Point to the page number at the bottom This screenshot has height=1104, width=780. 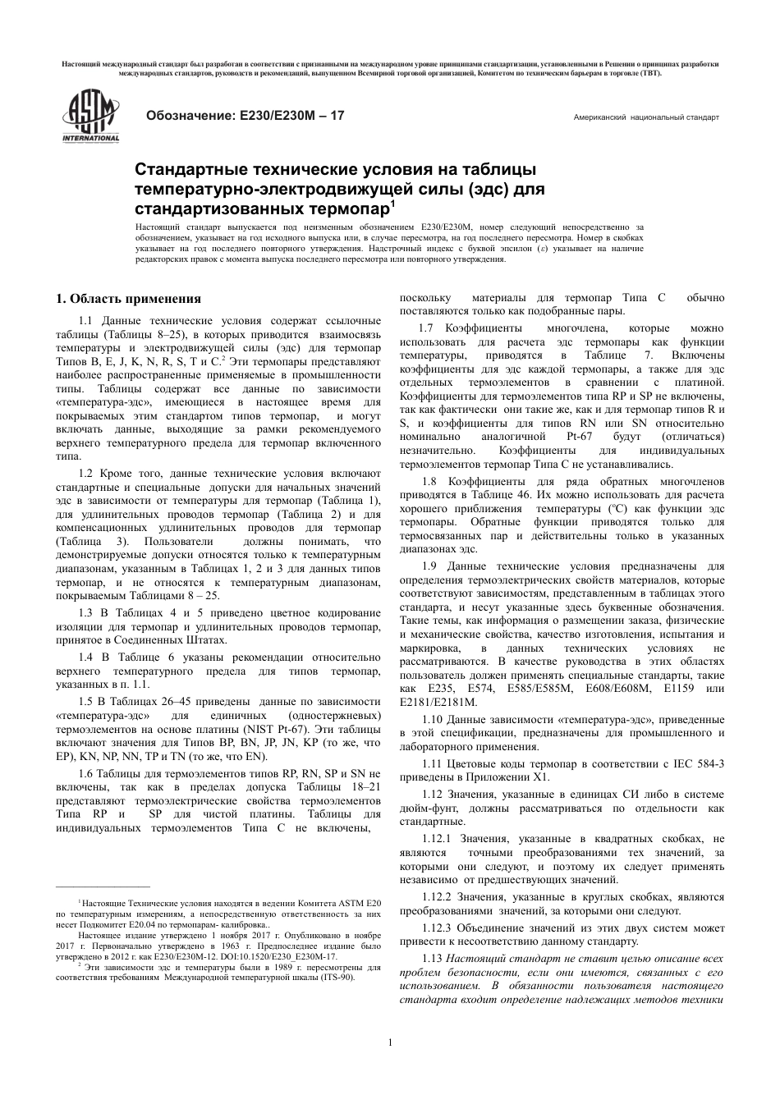pos(390,1042)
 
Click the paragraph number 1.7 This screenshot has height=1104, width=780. pos(429,328)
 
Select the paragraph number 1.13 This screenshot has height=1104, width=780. pos(432,959)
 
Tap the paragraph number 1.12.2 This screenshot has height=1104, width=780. pos(437,897)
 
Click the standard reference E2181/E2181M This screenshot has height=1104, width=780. pos(438,702)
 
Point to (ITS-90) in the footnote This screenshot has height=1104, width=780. pos(336,978)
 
